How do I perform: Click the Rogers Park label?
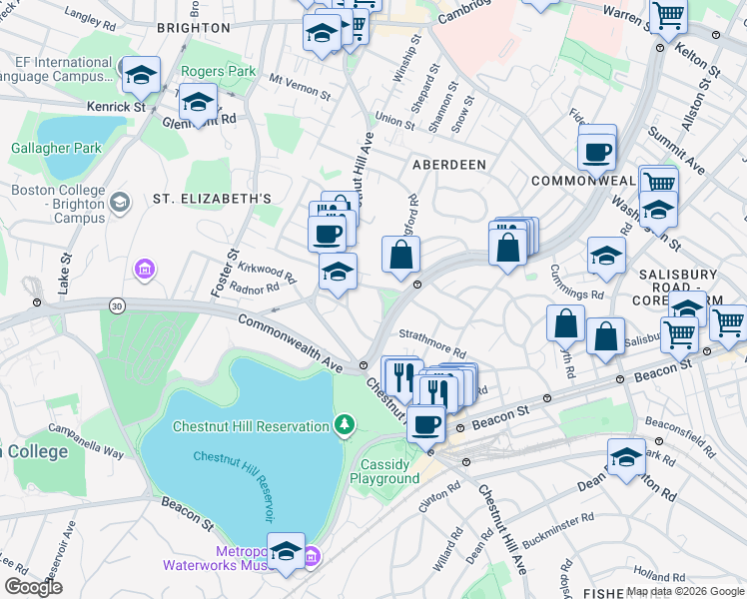(x=218, y=72)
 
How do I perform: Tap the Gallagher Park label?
(x=56, y=149)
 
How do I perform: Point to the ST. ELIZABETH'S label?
(x=212, y=199)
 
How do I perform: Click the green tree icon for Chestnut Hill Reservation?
(x=345, y=426)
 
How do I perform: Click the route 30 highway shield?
(x=118, y=307)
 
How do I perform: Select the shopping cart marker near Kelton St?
(x=668, y=16)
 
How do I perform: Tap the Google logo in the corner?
(x=33, y=587)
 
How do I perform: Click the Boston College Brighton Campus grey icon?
(x=120, y=203)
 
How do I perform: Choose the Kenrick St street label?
(x=116, y=105)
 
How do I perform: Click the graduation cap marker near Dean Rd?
(x=626, y=457)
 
